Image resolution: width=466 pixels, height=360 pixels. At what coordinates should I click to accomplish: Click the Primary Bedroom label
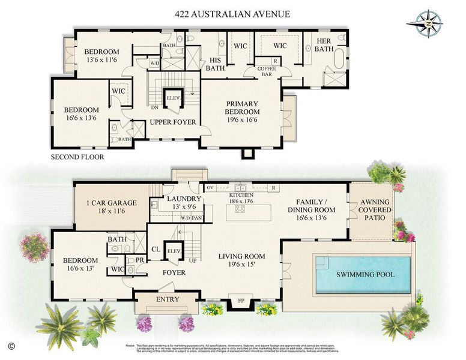click(242, 107)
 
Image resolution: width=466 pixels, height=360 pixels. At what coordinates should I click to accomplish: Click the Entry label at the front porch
click(167, 299)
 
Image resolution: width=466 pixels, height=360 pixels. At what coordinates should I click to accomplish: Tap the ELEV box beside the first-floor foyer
click(174, 251)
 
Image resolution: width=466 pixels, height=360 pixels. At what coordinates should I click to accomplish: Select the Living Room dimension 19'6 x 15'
click(242, 265)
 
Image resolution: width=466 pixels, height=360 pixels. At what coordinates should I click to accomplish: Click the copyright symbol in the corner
click(11, 346)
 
